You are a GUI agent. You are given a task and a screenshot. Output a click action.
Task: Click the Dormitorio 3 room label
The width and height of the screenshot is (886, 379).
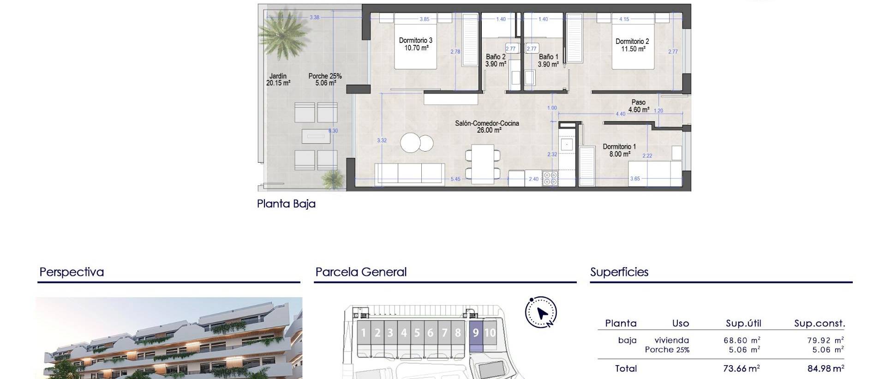coord(415,44)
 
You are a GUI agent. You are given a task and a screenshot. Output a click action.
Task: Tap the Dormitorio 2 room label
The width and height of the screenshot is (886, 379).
coord(632,45)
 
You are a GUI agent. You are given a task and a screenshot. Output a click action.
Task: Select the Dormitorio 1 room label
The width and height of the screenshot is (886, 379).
coord(619,150)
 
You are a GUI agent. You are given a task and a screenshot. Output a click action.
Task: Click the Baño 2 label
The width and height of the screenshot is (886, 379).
coord(496,61)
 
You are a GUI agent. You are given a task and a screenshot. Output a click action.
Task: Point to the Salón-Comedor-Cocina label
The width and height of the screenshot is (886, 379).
coord(487,127)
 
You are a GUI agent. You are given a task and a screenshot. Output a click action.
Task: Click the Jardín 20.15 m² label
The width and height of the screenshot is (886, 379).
coord(278,79)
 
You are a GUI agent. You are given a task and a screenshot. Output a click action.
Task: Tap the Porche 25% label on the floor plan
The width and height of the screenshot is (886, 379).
coord(325,79)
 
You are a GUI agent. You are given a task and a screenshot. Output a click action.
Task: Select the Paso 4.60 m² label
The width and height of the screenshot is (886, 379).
coord(639,106)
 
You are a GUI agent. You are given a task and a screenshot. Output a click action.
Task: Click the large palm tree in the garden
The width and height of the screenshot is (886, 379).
coord(282,33)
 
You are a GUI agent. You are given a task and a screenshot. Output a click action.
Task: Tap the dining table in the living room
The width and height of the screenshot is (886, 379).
coord(483,164)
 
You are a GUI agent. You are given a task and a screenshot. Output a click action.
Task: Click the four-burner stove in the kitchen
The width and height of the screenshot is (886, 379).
coord(550,178)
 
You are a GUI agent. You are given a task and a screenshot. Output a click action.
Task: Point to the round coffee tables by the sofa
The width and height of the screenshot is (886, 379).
coord(416,143)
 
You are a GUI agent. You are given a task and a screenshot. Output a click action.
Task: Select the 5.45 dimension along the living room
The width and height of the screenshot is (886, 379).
coord(455,179)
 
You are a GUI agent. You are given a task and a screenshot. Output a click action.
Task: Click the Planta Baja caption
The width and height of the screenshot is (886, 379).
coord(286,204)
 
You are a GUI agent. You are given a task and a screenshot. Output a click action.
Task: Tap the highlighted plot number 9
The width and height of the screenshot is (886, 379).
coord(476,333)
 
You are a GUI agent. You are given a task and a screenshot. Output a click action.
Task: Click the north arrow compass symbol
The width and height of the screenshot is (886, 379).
coord(541,313)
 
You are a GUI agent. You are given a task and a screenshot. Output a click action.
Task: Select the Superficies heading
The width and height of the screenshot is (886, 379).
coord(619,272)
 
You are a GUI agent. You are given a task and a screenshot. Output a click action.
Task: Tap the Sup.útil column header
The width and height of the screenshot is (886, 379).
coord(743,324)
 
